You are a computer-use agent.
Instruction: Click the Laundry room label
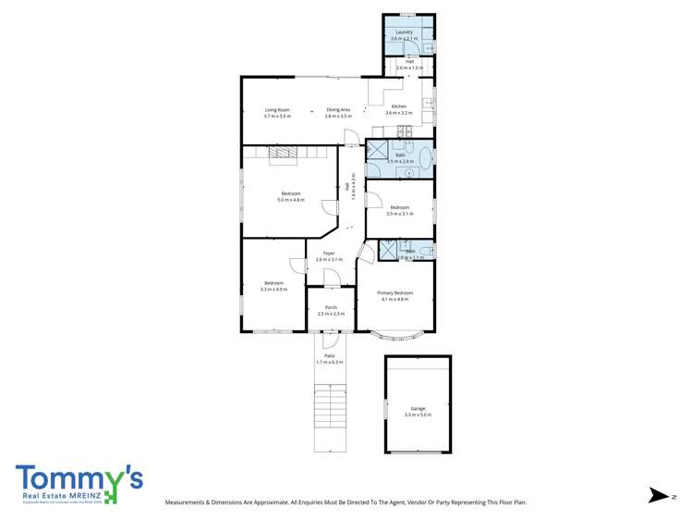click(x=404, y=32)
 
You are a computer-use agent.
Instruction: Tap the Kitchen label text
click(x=398, y=106)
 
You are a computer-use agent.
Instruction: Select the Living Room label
click(x=277, y=110)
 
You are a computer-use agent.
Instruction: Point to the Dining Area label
click(x=338, y=110)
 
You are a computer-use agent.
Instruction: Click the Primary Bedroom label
click(x=395, y=293)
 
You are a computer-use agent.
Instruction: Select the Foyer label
click(x=329, y=254)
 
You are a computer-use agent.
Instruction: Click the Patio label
click(x=329, y=355)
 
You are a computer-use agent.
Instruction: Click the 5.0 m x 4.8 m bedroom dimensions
click(x=291, y=200)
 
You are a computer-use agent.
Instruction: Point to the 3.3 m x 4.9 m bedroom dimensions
click(x=274, y=290)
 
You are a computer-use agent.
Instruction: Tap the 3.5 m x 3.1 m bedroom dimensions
click(x=400, y=213)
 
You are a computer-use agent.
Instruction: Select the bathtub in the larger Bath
click(x=423, y=158)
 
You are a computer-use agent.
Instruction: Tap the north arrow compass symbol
click(x=657, y=496)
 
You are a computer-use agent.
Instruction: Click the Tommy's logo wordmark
click(x=79, y=479)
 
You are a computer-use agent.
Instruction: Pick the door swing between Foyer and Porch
click(x=331, y=278)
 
